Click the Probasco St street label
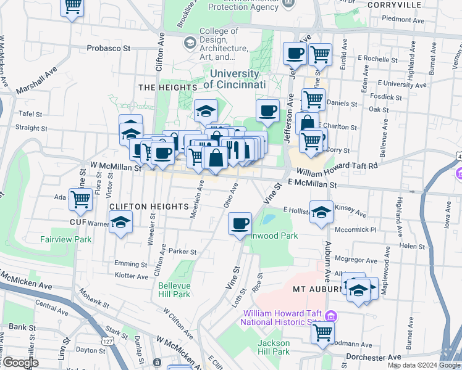click(x=109, y=47)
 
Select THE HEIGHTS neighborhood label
click(x=162, y=88)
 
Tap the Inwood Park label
click(x=275, y=236)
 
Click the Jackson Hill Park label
click(x=274, y=347)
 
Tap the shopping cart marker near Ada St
click(x=80, y=199)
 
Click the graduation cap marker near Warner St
click(x=120, y=222)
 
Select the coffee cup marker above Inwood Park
click(x=240, y=223)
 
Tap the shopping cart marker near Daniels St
click(x=313, y=99)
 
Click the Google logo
click(x=20, y=363)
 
